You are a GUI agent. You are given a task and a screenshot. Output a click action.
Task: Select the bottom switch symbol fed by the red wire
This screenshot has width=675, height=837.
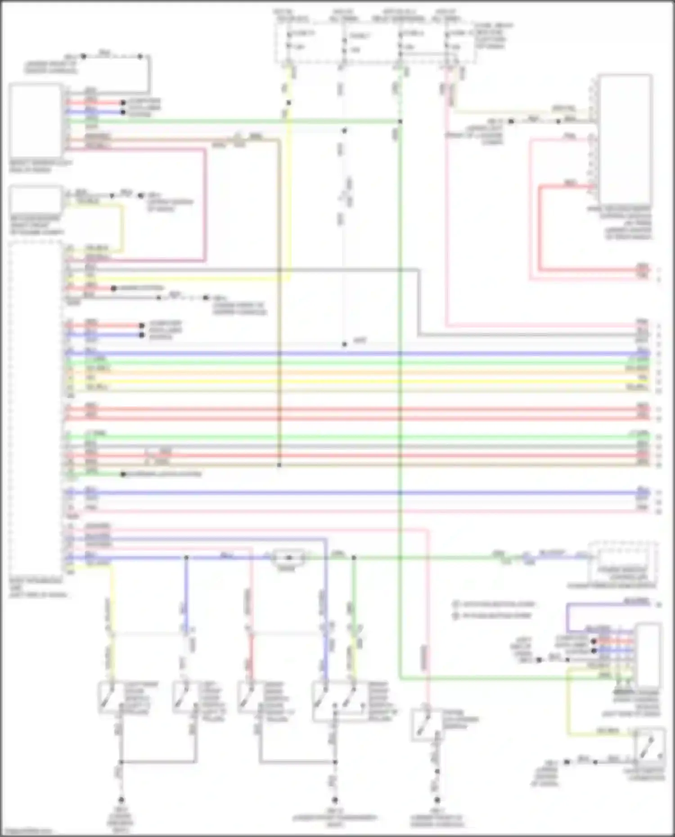tap(248, 698)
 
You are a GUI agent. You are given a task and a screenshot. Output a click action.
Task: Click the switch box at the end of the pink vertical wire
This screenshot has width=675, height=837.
tap(425, 724)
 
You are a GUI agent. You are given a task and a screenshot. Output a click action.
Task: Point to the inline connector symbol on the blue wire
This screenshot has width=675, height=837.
tap(289, 558)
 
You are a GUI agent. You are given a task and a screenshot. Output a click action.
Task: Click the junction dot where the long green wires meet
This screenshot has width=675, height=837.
tap(400, 121)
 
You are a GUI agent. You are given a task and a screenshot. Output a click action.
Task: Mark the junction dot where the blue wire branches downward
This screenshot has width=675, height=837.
tap(186, 558)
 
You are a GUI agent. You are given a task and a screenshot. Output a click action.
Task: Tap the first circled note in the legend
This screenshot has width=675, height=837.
tap(456, 604)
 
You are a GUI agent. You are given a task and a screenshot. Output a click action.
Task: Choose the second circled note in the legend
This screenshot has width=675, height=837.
tap(456, 615)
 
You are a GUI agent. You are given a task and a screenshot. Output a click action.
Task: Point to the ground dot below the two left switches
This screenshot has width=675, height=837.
tap(121, 800)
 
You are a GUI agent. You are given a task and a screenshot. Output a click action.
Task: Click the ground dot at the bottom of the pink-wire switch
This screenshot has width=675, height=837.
tap(436, 800)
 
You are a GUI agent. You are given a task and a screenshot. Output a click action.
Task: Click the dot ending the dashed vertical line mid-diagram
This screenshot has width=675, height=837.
tap(344, 344)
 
